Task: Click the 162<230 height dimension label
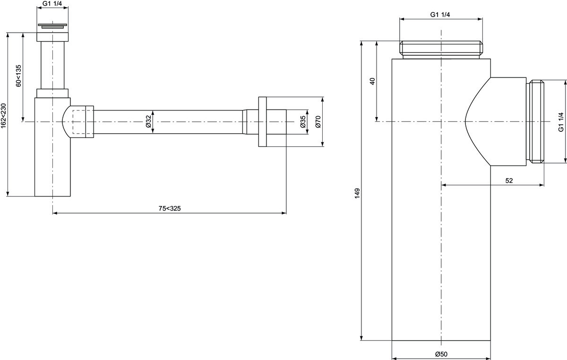click(4, 115)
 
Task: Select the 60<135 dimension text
click(19, 76)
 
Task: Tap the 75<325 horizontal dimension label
click(170, 208)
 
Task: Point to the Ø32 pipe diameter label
click(148, 121)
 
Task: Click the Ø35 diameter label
click(303, 121)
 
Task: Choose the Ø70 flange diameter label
click(318, 121)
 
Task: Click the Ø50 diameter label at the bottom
click(441, 354)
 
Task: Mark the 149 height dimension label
click(357, 193)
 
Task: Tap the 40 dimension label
click(372, 81)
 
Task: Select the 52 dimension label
click(509, 180)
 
